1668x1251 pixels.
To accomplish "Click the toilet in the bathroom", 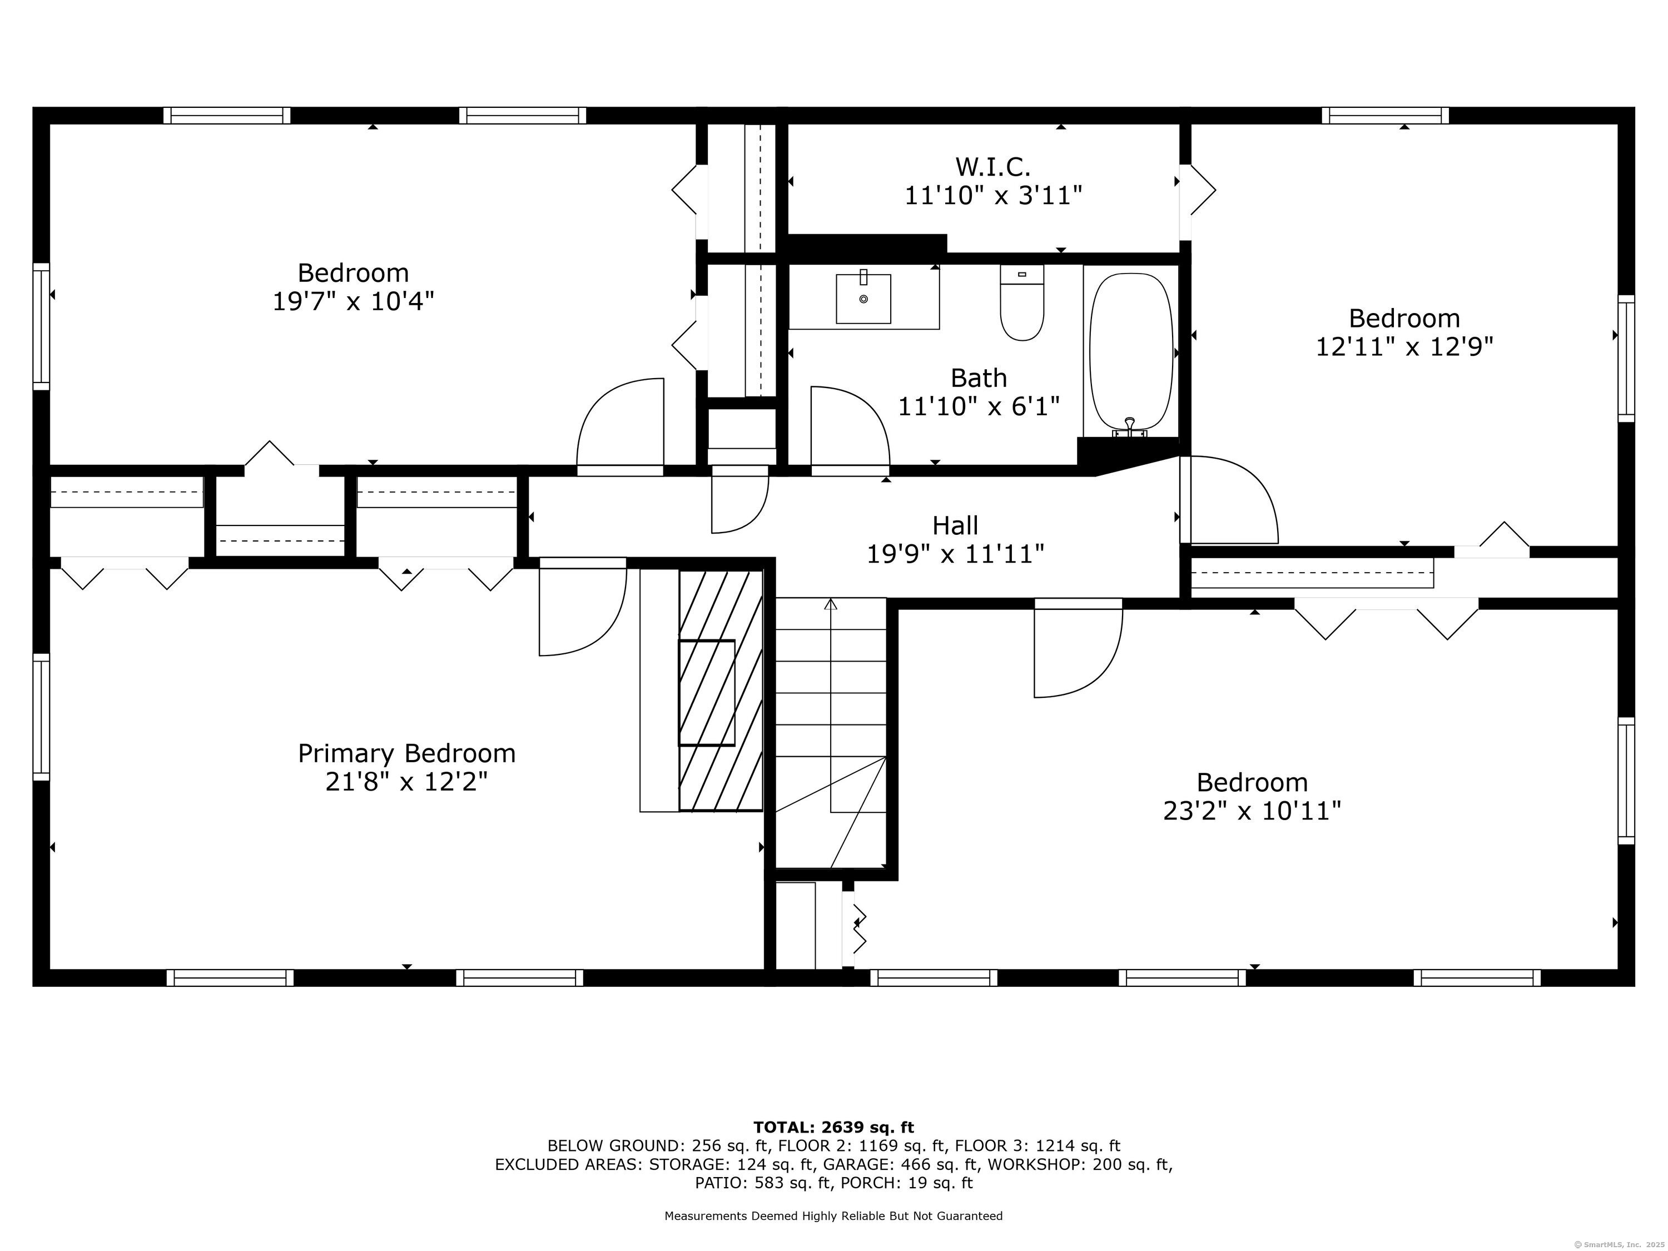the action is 1022,303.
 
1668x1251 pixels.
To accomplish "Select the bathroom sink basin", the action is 863,299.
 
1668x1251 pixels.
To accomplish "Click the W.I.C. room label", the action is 992,166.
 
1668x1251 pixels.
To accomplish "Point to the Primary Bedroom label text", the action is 406,753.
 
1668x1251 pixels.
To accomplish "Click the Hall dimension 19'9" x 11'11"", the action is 955,554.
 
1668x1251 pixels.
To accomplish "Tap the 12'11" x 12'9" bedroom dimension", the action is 1404,346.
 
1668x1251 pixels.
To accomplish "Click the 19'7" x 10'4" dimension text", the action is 353,301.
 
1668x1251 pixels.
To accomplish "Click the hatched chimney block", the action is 720,690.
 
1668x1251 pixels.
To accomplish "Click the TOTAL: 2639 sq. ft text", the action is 833,1128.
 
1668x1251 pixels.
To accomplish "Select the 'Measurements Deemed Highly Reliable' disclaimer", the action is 833,1215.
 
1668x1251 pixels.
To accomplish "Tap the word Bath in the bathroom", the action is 978,377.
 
